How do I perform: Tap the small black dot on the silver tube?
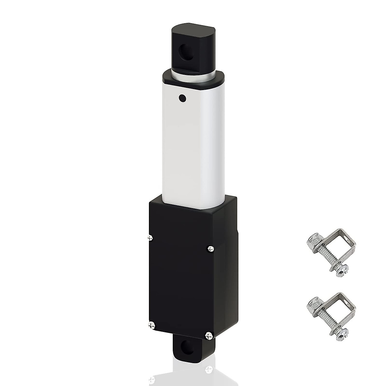coord(182,97)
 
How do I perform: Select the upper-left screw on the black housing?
coord(149,237)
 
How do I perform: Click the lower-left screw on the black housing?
coord(151,325)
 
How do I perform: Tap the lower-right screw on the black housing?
coord(209,335)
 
